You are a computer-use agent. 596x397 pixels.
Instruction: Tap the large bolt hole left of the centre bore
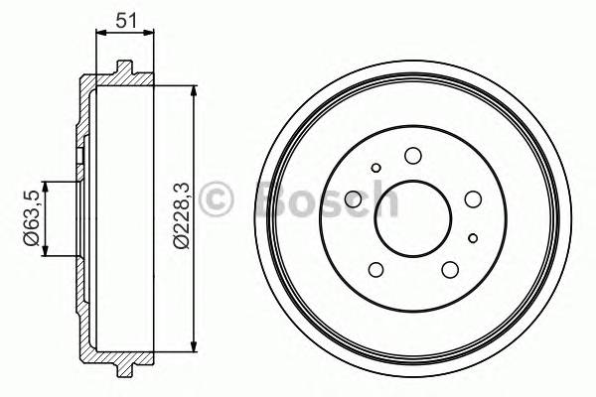353,199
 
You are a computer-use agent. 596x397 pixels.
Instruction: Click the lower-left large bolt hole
375,269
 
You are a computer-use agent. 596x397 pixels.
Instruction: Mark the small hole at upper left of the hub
375,168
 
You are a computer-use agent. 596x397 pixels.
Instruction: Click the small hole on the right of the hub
473,236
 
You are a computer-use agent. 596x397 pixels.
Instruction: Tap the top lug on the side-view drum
124,69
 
